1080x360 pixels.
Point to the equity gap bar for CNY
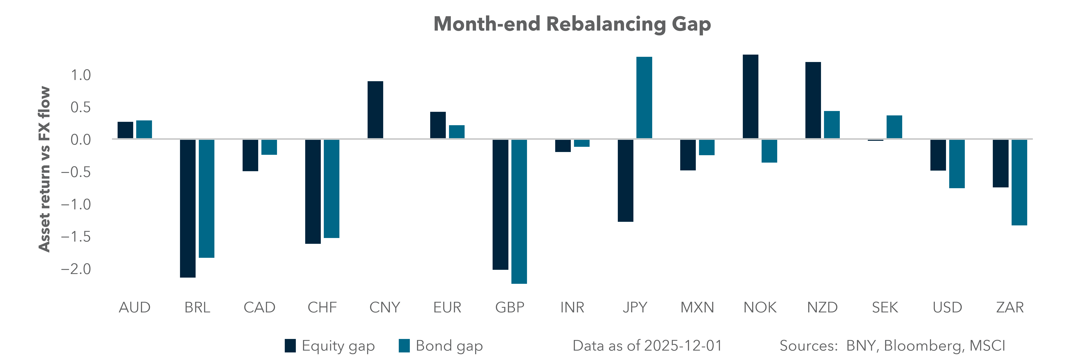pyautogui.click(x=375, y=110)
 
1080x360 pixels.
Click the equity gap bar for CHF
pyautogui.click(x=313, y=191)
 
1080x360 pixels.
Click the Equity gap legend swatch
pyautogui.click(x=290, y=346)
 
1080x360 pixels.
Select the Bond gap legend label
pyautogui.click(x=449, y=346)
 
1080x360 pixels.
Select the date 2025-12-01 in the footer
pyautogui.click(x=683, y=346)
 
